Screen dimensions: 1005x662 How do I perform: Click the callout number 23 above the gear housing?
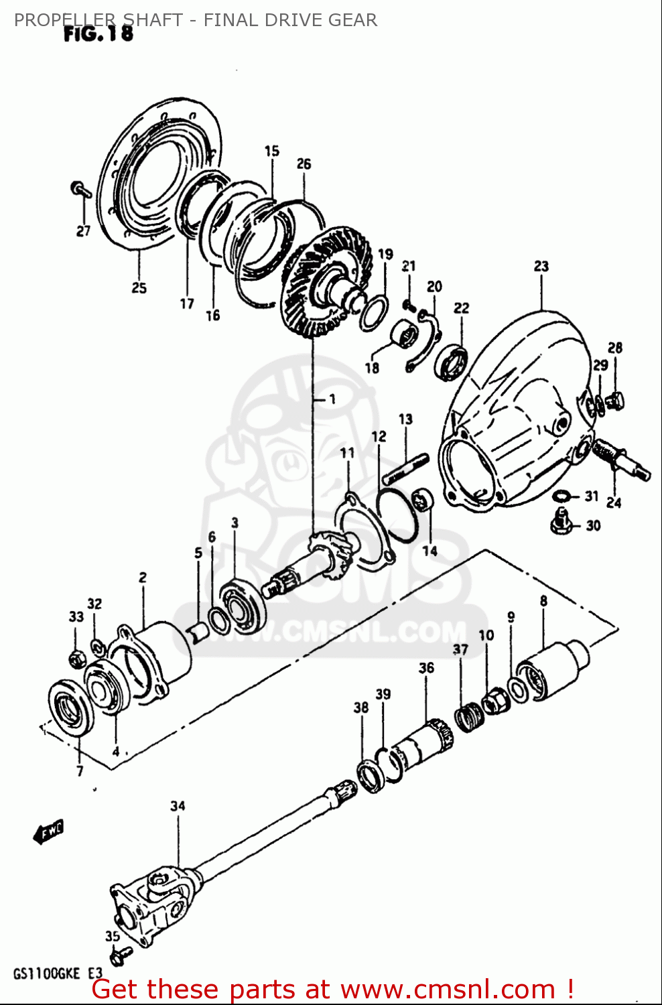coord(541,266)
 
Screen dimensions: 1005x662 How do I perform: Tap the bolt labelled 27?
coord(80,190)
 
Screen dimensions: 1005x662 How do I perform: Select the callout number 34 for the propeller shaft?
coord(178,806)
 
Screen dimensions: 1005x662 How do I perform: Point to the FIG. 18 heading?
coord(98,33)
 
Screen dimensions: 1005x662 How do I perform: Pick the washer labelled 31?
coord(561,496)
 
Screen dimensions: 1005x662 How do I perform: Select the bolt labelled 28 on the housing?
coord(615,401)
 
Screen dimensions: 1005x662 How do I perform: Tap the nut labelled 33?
coord(76,659)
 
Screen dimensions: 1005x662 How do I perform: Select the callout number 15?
coord(271,151)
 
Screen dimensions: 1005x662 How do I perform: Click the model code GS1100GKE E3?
coord(58,974)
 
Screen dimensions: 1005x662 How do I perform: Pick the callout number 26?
coord(304,163)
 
